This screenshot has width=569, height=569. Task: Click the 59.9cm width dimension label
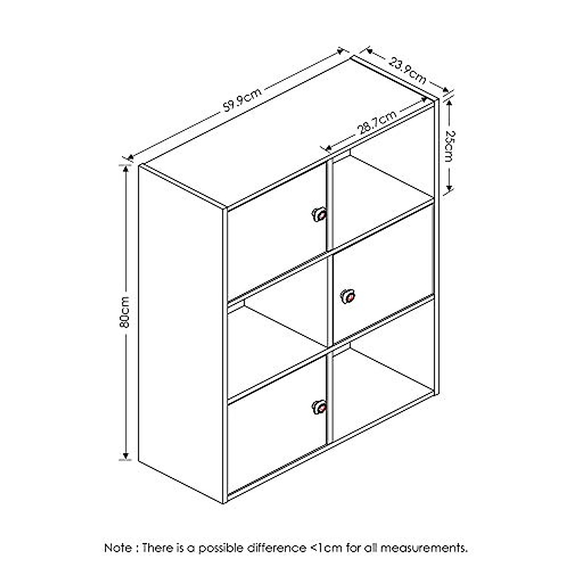(242, 101)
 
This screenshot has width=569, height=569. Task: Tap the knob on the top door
(320, 214)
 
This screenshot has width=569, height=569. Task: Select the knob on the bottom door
(320, 407)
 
